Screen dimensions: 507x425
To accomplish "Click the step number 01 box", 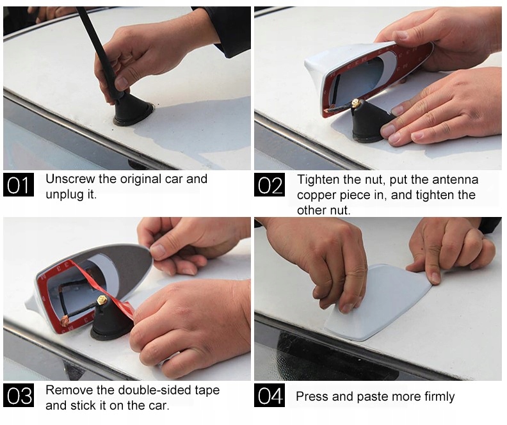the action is [19, 184].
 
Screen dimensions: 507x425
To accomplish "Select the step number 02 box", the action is [270, 184].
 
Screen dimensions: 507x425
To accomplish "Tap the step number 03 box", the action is [19, 395].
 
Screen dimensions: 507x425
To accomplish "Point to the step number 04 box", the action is [270, 395].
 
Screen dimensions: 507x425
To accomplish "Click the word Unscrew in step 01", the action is [70, 179].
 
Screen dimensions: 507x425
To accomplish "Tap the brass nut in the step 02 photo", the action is [356, 104].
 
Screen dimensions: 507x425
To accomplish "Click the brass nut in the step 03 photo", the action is [102, 301].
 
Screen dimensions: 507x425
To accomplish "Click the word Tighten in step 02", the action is [319, 180].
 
